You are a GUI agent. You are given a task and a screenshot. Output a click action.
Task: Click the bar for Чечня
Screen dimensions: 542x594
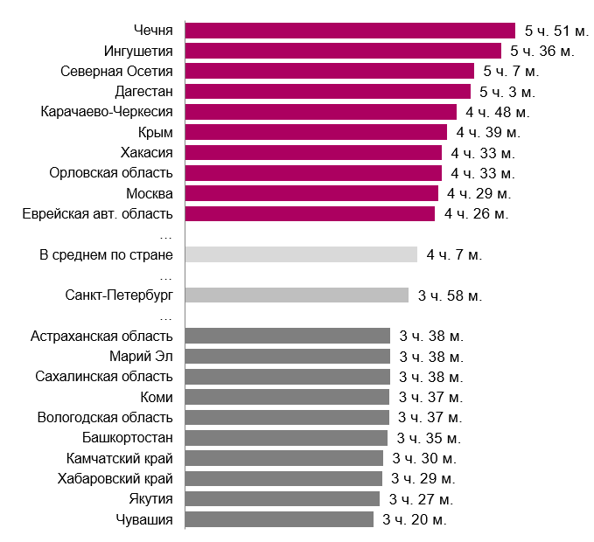tap(350, 31)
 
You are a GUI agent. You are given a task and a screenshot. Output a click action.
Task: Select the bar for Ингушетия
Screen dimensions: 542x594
tap(343, 51)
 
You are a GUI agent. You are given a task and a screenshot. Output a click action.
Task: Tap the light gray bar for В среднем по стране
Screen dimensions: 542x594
tap(301, 254)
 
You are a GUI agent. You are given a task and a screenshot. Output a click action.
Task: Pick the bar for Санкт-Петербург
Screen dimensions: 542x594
tap(297, 295)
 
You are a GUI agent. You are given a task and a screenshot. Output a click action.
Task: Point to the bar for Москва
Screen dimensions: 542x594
tap(311, 193)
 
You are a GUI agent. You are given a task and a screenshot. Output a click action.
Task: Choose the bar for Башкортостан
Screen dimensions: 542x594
tap(286, 438)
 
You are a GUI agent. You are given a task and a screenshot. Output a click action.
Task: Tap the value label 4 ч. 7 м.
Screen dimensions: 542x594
tap(454, 254)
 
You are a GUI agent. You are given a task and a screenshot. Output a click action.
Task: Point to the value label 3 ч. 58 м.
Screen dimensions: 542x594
tap(450, 295)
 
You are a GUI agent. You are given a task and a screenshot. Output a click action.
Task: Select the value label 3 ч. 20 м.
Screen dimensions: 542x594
tap(415, 519)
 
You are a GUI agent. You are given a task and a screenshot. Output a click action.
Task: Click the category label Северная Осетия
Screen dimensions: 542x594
tap(116, 71)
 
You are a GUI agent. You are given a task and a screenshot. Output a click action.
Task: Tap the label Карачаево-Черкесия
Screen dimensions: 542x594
tap(107, 112)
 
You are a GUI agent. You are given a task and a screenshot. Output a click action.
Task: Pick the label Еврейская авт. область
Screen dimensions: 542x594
tap(98, 213)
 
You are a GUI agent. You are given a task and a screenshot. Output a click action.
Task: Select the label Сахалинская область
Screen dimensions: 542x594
tap(104, 377)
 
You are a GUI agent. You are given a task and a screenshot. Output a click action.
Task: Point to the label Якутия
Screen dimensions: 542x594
tap(150, 499)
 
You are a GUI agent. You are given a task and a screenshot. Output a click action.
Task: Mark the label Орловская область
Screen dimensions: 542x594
tap(111, 173)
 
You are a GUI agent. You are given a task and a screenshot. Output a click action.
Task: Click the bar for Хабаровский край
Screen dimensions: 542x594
tap(283, 478)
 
